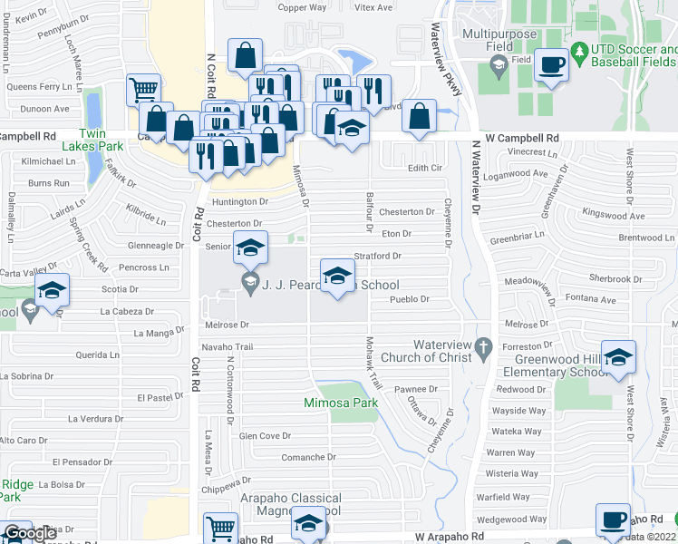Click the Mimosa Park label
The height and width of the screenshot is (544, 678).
click(341, 403)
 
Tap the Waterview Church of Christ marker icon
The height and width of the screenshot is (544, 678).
click(484, 345)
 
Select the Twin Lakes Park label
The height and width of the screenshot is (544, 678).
click(92, 145)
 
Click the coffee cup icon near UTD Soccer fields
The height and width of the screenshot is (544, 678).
click(551, 65)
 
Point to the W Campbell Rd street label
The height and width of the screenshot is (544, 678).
click(521, 138)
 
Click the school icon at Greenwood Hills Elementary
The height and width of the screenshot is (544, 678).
click(618, 356)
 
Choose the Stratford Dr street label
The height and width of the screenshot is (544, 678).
click(377, 257)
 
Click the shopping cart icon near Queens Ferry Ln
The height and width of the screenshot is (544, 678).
click(143, 89)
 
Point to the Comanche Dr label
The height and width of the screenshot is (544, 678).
click(309, 458)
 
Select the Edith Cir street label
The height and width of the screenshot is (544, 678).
click(424, 168)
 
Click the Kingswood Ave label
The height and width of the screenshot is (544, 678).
click(614, 216)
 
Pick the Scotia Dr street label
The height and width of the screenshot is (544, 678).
click(120, 289)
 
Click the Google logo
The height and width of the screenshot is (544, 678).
click(29, 533)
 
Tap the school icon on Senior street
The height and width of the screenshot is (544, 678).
click(251, 246)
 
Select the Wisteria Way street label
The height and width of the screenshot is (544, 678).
click(513, 473)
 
